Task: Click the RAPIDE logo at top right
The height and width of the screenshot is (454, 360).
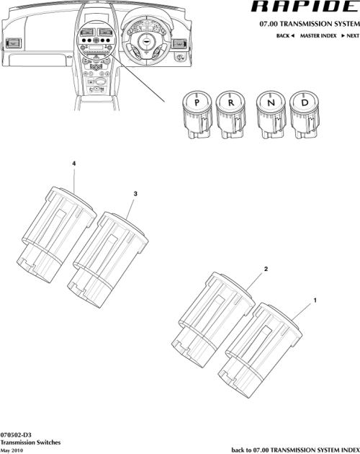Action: point(303,9)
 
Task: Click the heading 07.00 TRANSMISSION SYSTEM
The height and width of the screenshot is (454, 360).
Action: point(308,24)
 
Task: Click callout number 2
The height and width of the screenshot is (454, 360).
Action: point(266,269)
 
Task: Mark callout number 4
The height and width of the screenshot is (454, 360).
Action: point(74,164)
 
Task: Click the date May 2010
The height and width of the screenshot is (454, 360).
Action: point(13,449)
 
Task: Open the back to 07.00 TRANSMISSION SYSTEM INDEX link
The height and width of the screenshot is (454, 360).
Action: point(294,449)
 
